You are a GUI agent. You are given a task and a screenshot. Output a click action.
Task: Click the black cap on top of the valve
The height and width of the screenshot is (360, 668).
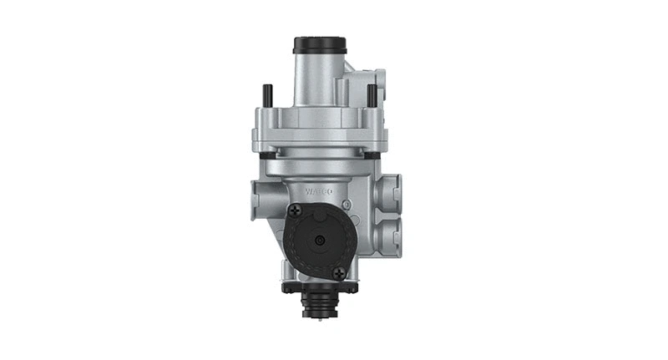[320, 44]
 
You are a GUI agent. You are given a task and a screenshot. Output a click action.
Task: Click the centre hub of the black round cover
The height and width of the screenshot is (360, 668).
[319, 239]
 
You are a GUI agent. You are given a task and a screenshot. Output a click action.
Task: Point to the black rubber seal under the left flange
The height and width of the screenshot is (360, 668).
[265, 155]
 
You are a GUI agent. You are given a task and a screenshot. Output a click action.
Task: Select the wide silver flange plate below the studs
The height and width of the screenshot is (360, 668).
[320, 134]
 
